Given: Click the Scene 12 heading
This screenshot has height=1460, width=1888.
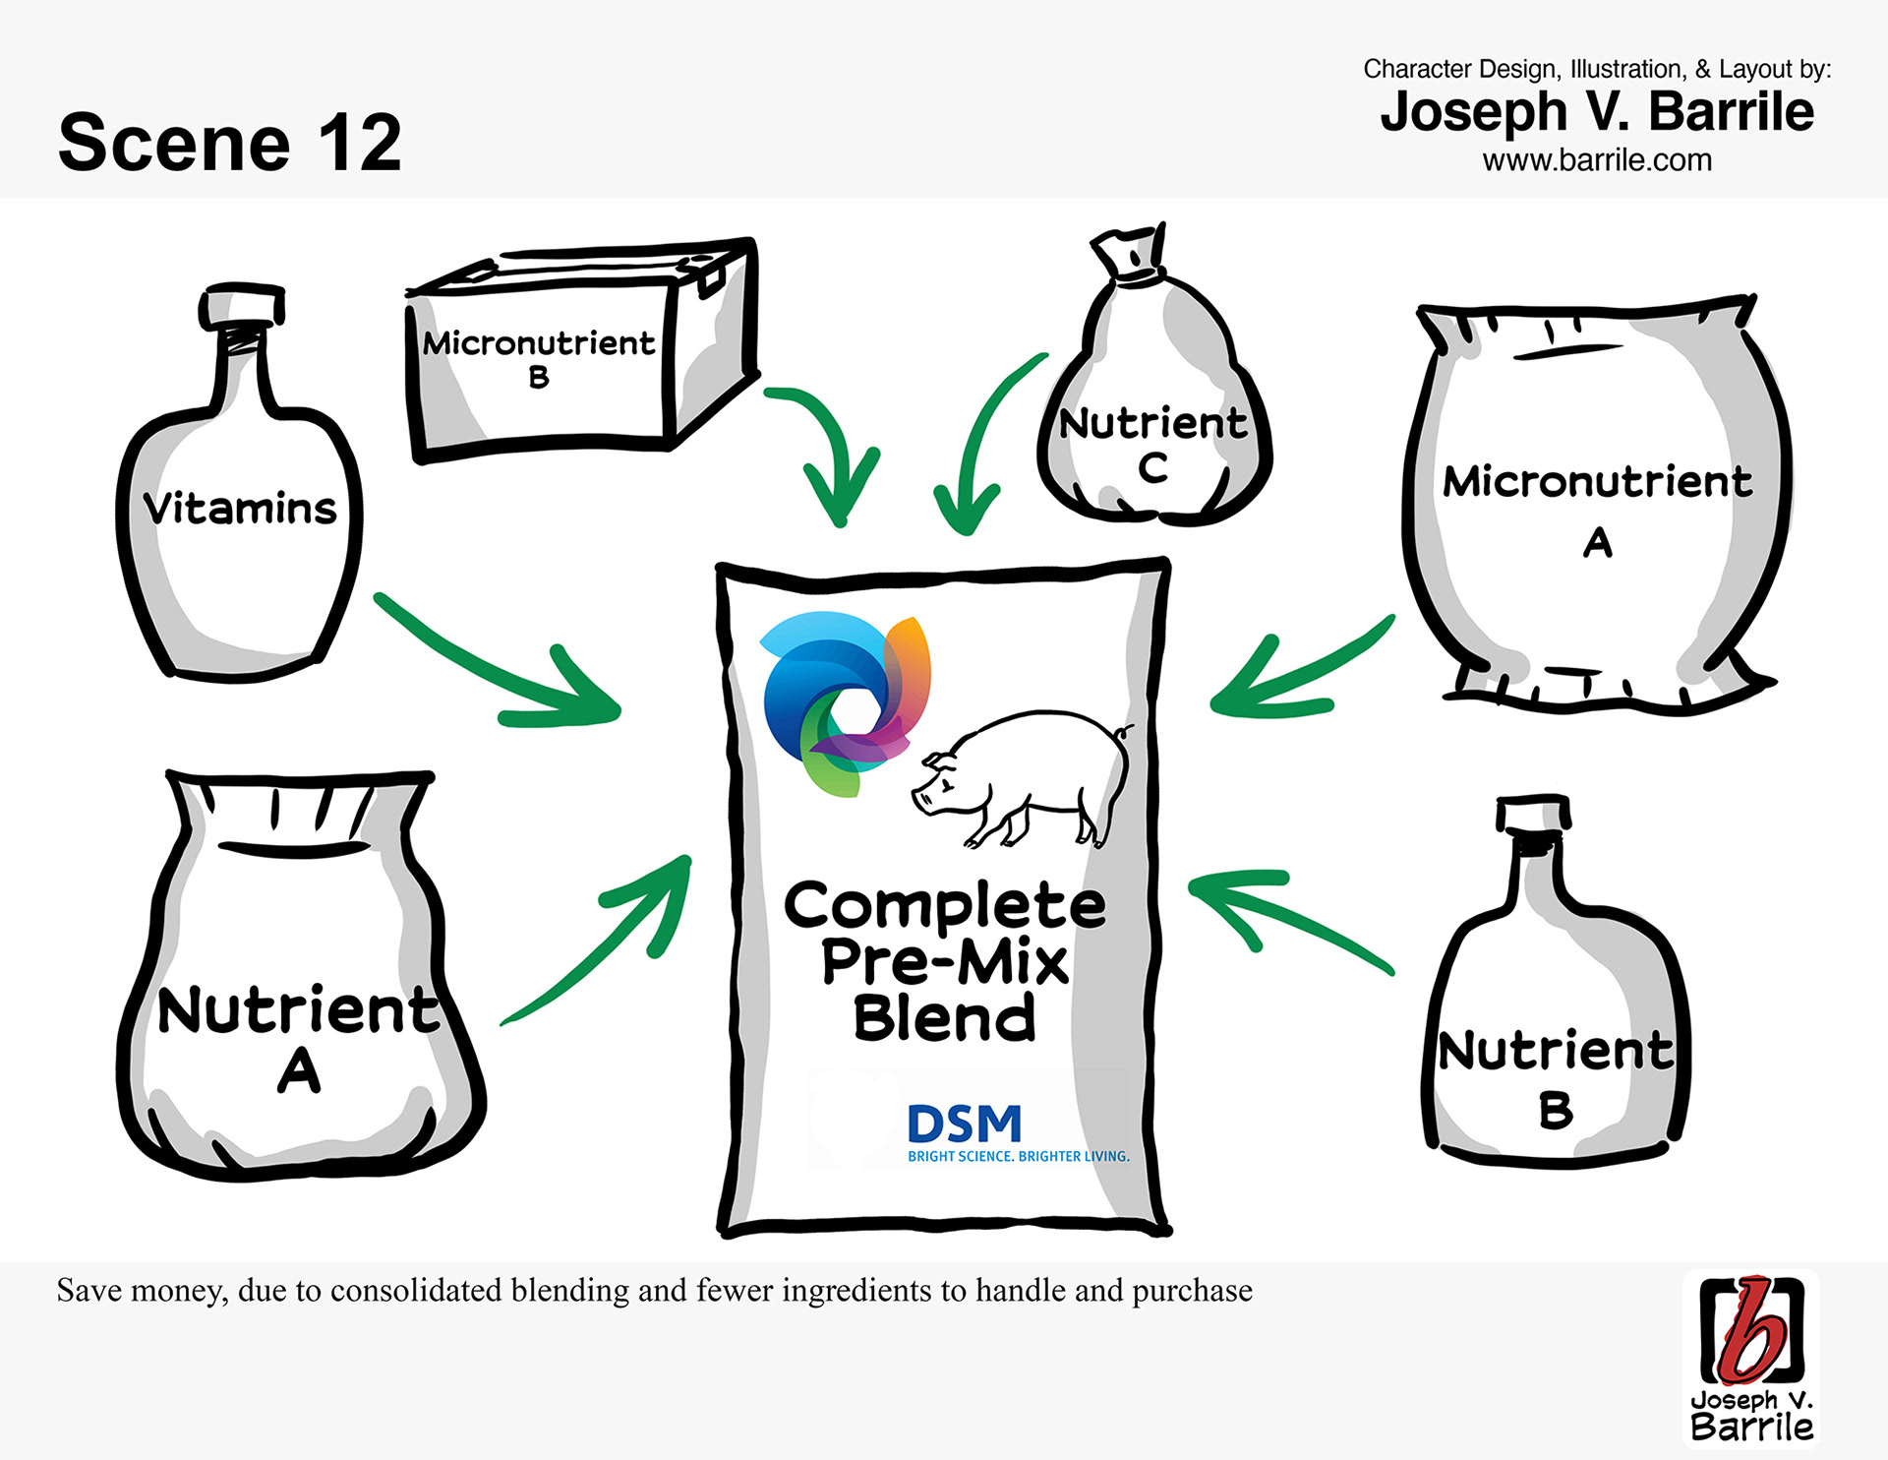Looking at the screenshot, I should pyautogui.click(x=230, y=143).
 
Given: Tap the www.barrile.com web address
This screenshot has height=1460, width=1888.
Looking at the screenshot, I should pyautogui.click(x=1597, y=160).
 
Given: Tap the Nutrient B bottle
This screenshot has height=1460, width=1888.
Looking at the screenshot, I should pyautogui.click(x=1555, y=1043).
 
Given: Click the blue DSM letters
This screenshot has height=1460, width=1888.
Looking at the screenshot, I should pyautogui.click(x=965, y=1123).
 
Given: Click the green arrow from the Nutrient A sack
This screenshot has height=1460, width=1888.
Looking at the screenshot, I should pyautogui.click(x=610, y=944).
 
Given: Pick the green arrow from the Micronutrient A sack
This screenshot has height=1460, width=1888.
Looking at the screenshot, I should pyautogui.click(x=1298, y=669).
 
